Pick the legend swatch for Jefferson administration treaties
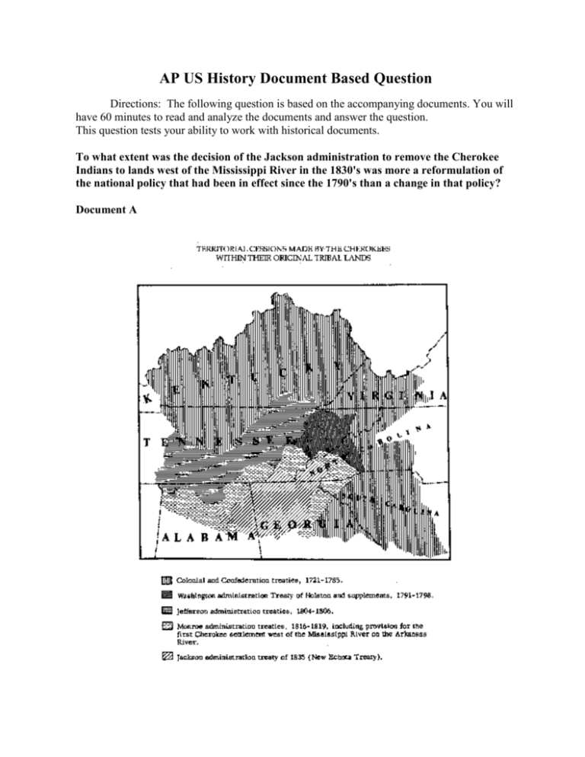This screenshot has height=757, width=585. point(167,611)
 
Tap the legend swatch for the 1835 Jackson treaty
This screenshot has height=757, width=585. point(167,660)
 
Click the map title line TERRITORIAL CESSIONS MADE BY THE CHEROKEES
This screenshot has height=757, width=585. point(284,248)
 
